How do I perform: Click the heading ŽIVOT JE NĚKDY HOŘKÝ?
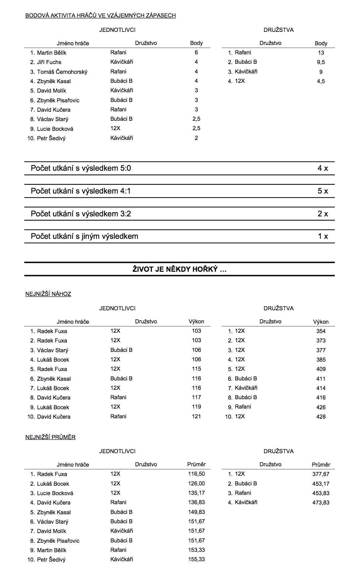point(179,269)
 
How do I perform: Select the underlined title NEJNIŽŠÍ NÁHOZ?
point(48,294)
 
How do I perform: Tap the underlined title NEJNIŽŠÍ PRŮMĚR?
point(50,437)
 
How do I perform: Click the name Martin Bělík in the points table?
point(52,53)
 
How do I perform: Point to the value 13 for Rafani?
point(321,53)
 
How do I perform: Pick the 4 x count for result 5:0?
point(322,168)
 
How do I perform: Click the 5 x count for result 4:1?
point(322,191)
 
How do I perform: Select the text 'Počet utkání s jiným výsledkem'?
point(84,236)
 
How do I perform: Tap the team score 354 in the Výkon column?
point(321,331)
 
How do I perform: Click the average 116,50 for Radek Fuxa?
point(196,474)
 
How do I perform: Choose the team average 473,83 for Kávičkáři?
point(321,503)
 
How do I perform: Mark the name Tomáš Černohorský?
point(62,72)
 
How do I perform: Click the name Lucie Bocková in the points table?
point(55,129)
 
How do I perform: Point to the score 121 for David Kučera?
point(196,417)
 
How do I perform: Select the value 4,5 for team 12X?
point(321,81)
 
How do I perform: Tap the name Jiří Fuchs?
point(49,62)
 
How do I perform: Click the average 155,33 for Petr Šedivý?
point(196,559)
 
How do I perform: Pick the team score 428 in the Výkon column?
point(321,417)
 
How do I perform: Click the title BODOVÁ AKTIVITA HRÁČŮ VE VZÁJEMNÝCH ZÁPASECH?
point(101,15)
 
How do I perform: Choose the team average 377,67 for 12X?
point(321,474)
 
